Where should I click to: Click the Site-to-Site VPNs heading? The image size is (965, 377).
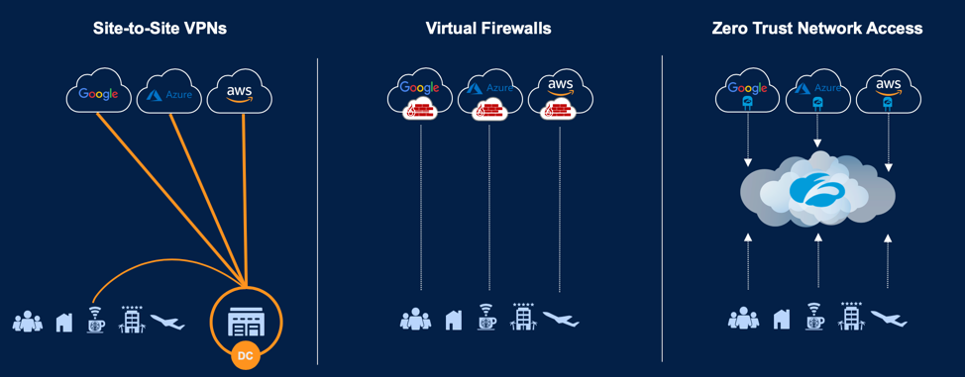(x=161, y=29)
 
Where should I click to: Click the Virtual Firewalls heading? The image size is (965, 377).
(x=488, y=29)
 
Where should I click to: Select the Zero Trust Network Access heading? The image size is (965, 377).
(x=817, y=29)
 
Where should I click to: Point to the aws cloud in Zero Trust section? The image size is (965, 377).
(x=888, y=93)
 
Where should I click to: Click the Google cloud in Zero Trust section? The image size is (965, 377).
(x=748, y=93)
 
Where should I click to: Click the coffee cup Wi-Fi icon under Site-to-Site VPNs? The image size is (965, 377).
(x=95, y=320)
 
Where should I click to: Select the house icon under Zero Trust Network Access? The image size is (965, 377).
(x=781, y=320)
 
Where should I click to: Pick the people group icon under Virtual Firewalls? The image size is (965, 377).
(x=416, y=319)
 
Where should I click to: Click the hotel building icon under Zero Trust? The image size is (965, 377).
(x=851, y=318)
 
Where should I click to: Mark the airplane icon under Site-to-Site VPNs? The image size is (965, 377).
(x=167, y=321)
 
